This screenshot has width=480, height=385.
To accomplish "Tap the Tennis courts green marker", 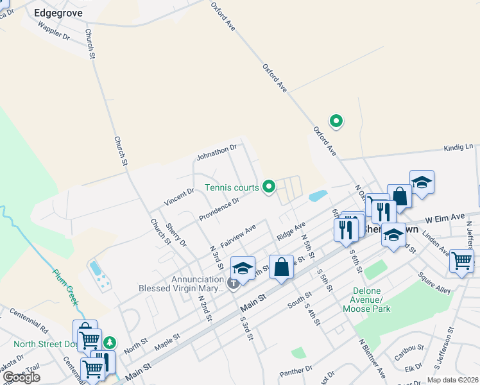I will point(270,187).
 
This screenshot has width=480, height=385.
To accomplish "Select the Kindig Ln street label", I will point(458,148).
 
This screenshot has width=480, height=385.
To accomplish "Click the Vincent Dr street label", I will point(179,197).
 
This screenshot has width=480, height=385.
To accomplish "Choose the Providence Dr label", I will point(218,207).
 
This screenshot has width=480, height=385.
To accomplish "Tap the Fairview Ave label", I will point(238,236).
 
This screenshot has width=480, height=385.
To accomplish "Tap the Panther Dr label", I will point(296,371).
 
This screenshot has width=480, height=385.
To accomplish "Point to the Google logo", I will point(21,377).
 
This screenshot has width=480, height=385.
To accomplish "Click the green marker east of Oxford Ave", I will point(335,121).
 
